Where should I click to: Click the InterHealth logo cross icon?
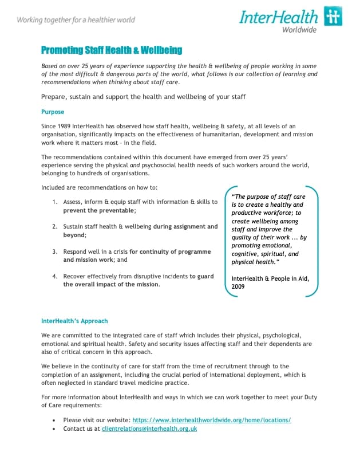(333, 17)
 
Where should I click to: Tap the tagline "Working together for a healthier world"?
(76, 20)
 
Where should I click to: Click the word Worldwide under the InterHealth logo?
(299, 30)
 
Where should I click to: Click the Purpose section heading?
(53, 112)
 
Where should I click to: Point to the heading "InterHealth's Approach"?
(74, 321)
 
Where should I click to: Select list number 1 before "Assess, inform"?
(55, 202)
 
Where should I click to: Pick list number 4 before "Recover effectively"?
(55, 276)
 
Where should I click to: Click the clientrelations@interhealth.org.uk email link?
(149, 428)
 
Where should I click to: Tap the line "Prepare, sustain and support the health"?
(143, 97)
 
